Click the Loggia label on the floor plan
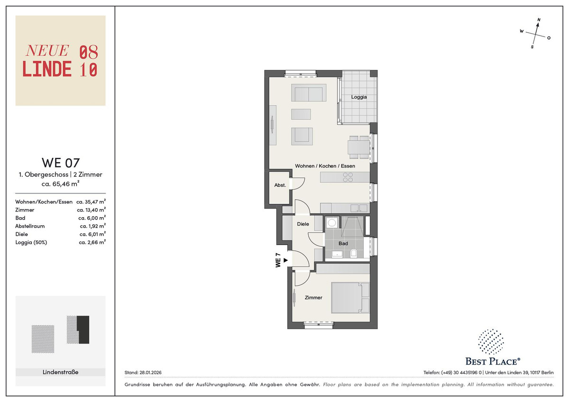click(x=358, y=97)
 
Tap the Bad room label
click(x=343, y=243)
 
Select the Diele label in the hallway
click(x=303, y=224)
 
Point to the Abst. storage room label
click(x=280, y=185)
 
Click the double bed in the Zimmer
click(x=350, y=298)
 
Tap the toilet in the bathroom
click(x=353, y=253)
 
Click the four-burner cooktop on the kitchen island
click(x=348, y=177)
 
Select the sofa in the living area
click(x=309, y=93)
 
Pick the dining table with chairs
click(x=358, y=147)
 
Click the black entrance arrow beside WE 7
click(x=285, y=260)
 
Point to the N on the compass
click(x=539, y=20)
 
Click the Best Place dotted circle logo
click(x=491, y=342)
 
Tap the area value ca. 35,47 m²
click(x=91, y=201)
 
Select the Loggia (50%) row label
click(x=31, y=242)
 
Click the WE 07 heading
click(x=61, y=163)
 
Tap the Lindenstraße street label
click(x=61, y=372)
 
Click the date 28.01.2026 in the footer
click(x=150, y=373)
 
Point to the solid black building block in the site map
click(x=84, y=329)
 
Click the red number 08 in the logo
click(x=89, y=52)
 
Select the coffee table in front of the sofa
click(x=301, y=114)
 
